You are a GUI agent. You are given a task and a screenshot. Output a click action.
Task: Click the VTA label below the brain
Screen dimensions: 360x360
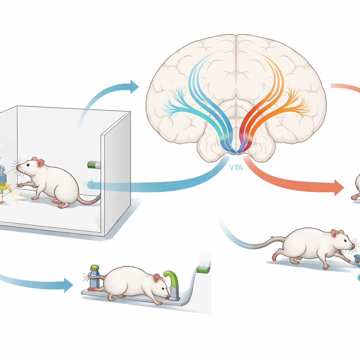point(236,168)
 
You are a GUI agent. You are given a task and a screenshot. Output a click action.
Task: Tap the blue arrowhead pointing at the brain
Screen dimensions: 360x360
point(134,87)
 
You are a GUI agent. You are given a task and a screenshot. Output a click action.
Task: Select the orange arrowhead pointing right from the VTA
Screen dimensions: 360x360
point(339,188)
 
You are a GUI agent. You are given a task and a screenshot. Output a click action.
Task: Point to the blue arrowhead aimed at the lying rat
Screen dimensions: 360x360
point(69,285)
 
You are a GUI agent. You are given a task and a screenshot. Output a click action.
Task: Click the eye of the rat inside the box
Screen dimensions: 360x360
point(28,165)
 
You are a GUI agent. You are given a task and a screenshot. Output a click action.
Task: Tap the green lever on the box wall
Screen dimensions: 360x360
point(94,165)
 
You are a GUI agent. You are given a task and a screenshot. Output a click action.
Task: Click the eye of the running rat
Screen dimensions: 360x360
point(345,240)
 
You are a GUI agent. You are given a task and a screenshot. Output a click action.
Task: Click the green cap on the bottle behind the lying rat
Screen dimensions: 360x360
point(95,268)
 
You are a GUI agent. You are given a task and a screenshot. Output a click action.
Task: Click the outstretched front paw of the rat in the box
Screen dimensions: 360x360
point(21,185)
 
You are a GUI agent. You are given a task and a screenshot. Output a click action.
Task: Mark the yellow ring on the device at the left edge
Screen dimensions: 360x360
point(5,186)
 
